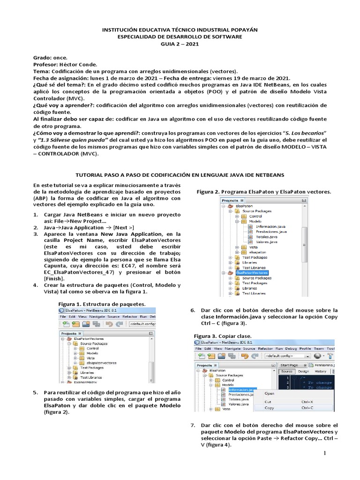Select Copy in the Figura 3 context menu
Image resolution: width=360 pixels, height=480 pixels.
pyautogui.click(x=270, y=408)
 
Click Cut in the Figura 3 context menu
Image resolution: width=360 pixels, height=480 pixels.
pyautogui.click(x=268, y=402)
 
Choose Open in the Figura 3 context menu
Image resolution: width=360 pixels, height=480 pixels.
pyautogui.click(x=270, y=393)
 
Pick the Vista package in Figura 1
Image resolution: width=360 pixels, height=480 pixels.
pyautogui.click(x=91, y=357)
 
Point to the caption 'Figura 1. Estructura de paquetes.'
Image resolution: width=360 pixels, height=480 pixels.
pyautogui.click(x=101, y=304)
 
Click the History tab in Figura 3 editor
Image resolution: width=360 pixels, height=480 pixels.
pyautogui.click(x=320, y=371)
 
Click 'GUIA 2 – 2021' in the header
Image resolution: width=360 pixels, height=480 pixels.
pyautogui.click(x=180, y=44)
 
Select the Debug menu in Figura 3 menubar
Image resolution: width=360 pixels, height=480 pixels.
pyautogui.click(x=292, y=349)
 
